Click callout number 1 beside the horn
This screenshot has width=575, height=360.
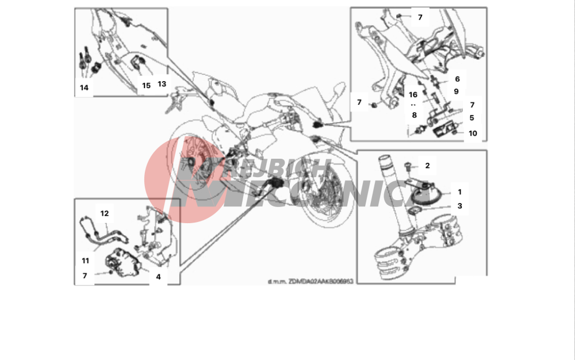459,192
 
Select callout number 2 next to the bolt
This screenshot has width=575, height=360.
427,166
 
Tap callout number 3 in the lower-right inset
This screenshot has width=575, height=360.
459,205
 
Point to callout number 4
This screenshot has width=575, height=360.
158,276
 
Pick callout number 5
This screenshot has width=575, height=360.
471,118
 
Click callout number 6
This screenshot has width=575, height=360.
457,79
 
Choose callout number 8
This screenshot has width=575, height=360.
413,115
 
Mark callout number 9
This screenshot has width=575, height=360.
456,91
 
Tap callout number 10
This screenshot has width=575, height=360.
473,133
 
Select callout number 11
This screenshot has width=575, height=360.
86,260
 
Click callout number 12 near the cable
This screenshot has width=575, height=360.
104,213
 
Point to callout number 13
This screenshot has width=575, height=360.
162,84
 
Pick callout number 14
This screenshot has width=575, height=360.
85,87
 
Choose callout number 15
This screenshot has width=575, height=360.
146,85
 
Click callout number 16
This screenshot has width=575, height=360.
413,95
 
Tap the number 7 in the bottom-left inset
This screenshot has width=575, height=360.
85,276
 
